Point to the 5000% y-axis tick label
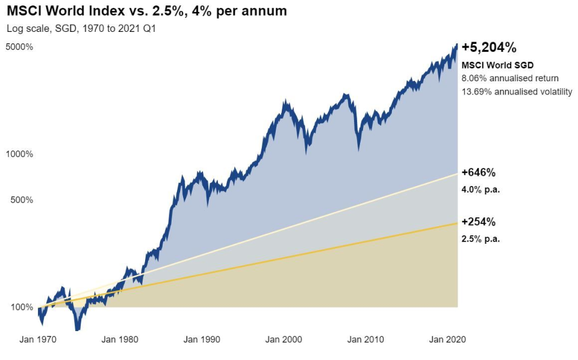click(x=19, y=47)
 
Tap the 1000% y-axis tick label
click(x=19, y=154)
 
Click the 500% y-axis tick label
click(x=22, y=200)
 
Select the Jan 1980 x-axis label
click(x=120, y=340)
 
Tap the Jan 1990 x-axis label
click(x=202, y=340)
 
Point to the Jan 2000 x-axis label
click(x=284, y=340)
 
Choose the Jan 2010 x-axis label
click(x=365, y=340)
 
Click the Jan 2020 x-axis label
click(x=447, y=340)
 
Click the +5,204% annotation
click(x=489, y=48)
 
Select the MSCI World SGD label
click(x=489, y=65)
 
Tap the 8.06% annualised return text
click(x=510, y=78)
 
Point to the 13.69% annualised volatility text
click(x=517, y=92)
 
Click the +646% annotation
click(x=479, y=173)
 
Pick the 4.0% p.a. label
click(x=481, y=189)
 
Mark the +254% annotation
click(x=479, y=222)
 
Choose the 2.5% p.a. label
click(x=481, y=238)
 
